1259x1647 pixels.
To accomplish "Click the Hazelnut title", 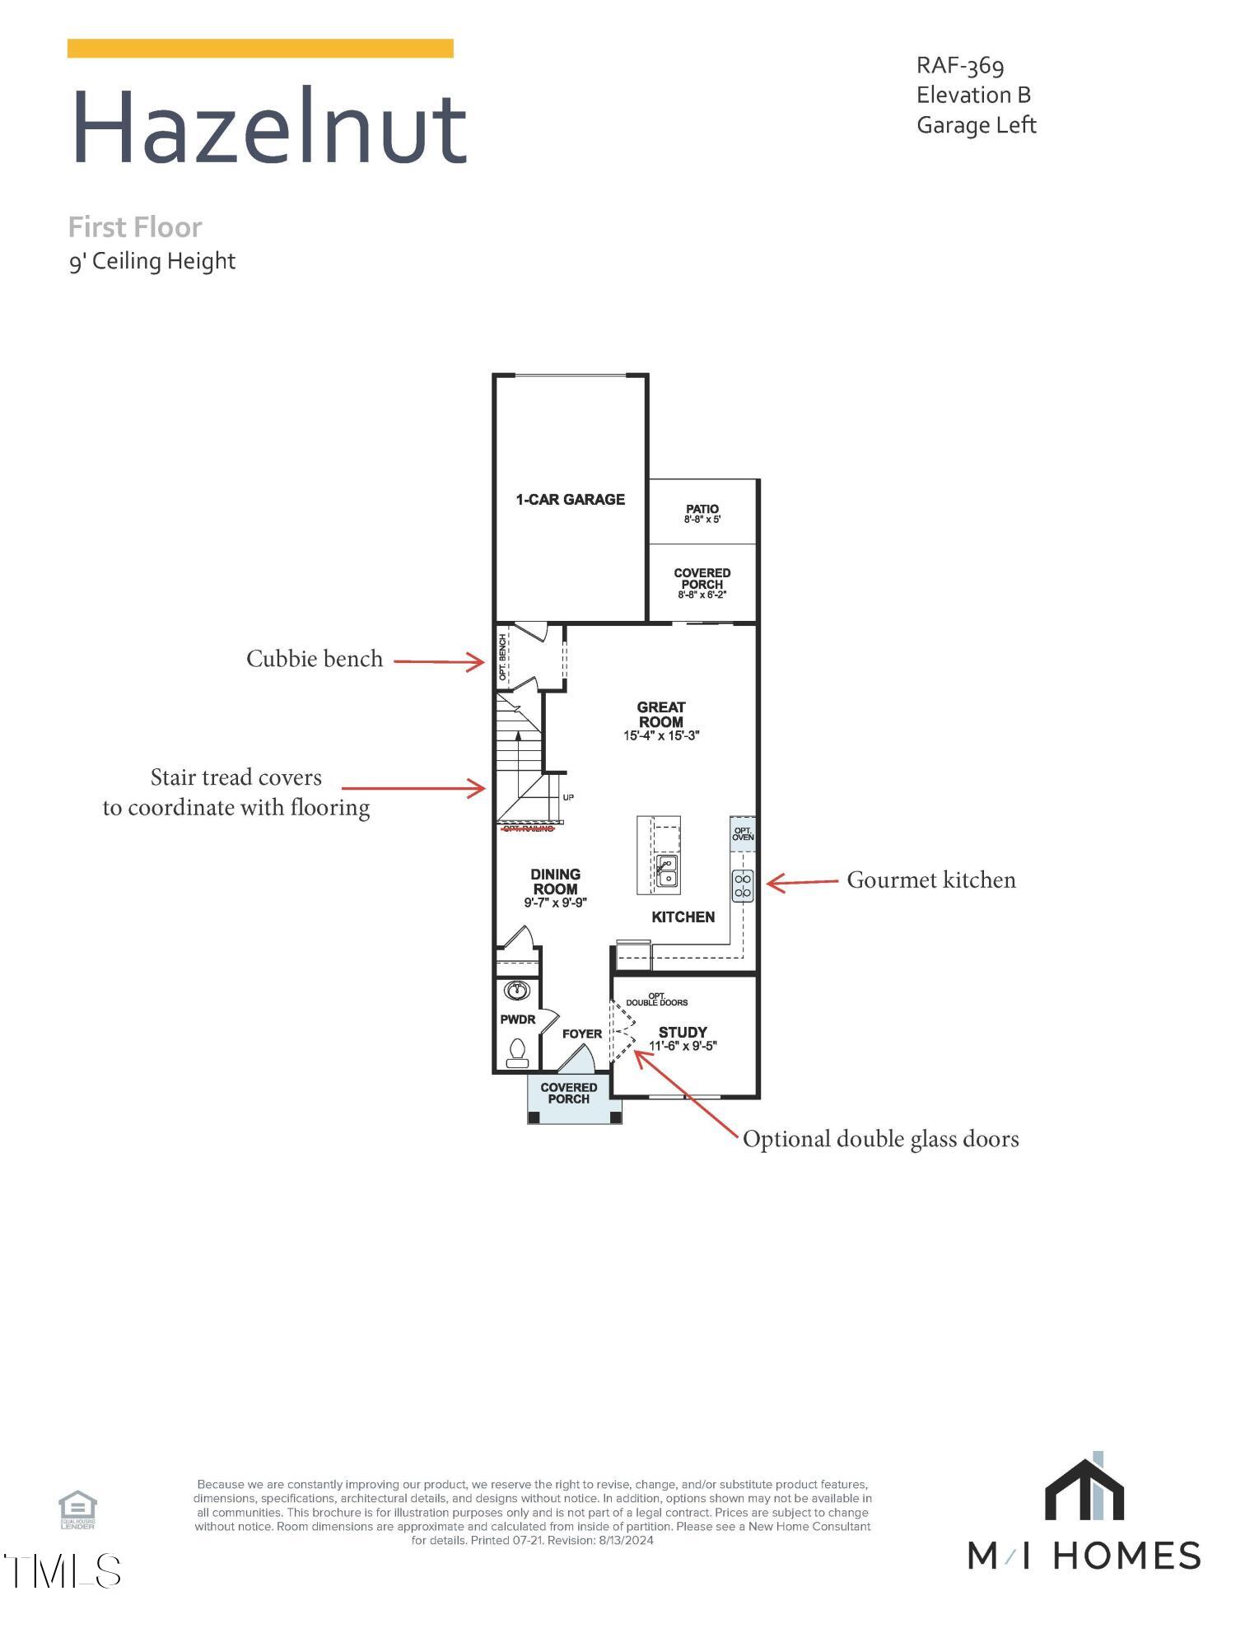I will (x=269, y=128).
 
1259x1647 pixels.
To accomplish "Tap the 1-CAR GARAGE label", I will (x=570, y=499).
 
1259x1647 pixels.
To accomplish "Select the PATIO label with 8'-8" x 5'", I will (x=702, y=514).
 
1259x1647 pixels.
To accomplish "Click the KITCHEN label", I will (x=683, y=917).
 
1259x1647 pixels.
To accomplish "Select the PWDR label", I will (x=517, y=1019).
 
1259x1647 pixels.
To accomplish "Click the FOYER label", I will (x=581, y=1033).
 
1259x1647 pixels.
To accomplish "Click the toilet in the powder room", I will (x=517, y=1052).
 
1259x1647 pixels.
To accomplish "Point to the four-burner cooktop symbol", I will (x=742, y=886).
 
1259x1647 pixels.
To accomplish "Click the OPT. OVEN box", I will (x=742, y=833).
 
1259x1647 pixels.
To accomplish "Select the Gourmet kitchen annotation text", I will (x=930, y=880).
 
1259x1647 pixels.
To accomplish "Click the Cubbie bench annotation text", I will (x=315, y=659).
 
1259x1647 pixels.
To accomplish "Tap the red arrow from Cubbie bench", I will (x=438, y=660).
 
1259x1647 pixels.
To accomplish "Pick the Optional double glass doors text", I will (x=880, y=1139).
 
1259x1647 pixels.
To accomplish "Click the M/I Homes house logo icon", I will (x=1084, y=1491).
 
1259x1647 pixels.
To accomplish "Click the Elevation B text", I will (x=973, y=95).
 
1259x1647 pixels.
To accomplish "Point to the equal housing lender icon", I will (x=77, y=1509).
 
